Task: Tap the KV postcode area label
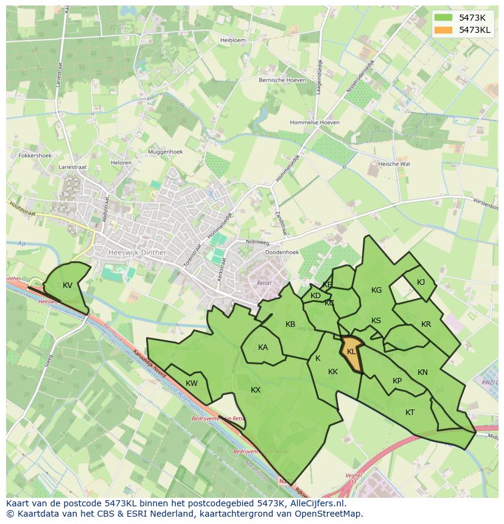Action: point(68,285)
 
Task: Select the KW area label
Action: point(192,383)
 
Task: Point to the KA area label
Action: point(263,348)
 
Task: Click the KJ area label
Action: point(421,282)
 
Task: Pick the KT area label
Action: point(410,412)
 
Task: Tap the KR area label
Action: point(426,324)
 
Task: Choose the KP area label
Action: point(397,381)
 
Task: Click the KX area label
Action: point(256,390)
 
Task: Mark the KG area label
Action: point(377,290)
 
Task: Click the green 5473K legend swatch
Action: point(444,18)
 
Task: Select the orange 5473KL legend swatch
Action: point(444,29)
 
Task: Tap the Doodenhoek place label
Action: point(282,252)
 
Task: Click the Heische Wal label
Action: point(394,164)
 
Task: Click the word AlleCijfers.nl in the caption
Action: point(317,503)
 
